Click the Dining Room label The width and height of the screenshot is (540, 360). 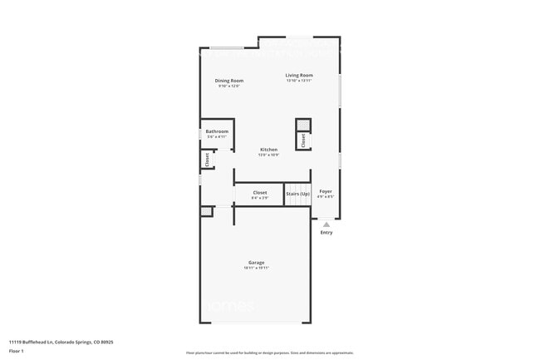(x=229, y=81)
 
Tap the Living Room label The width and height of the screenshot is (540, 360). (x=299, y=75)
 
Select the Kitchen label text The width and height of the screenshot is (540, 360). (x=268, y=150)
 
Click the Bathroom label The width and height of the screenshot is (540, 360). (x=217, y=131)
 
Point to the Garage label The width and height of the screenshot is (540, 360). (x=256, y=263)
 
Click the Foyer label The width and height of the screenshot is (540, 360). (x=326, y=191)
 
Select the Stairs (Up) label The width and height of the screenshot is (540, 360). (x=297, y=194)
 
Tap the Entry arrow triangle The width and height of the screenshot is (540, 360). (x=326, y=224)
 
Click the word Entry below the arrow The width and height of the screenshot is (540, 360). (x=326, y=232)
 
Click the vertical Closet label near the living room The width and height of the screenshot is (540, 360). (x=303, y=141)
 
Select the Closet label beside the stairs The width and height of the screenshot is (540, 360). (x=260, y=193)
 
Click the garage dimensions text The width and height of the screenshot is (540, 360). (x=256, y=268)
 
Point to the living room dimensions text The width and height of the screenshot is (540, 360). (x=299, y=81)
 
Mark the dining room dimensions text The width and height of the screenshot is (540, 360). (x=229, y=86)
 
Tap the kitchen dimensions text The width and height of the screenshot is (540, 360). (x=268, y=155)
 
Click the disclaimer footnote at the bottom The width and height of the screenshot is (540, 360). (x=269, y=353)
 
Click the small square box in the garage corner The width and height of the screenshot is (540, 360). (x=206, y=212)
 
